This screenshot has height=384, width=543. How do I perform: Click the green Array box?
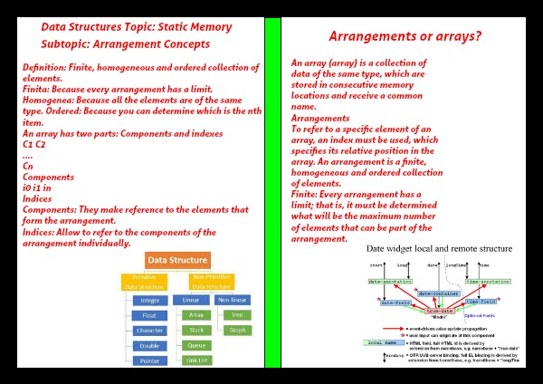click(x=195, y=315)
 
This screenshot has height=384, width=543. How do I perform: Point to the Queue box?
click(x=195, y=345)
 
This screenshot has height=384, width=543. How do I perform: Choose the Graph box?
click(x=237, y=330)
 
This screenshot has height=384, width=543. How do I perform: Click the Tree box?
click(x=237, y=315)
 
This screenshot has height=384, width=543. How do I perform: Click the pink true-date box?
click(x=439, y=310)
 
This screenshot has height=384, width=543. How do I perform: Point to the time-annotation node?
click(x=488, y=282)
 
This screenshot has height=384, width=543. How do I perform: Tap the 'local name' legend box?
click(x=383, y=341)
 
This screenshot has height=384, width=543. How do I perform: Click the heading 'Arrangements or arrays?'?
click(x=404, y=37)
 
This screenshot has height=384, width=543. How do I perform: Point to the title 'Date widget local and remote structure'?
click(x=439, y=248)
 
